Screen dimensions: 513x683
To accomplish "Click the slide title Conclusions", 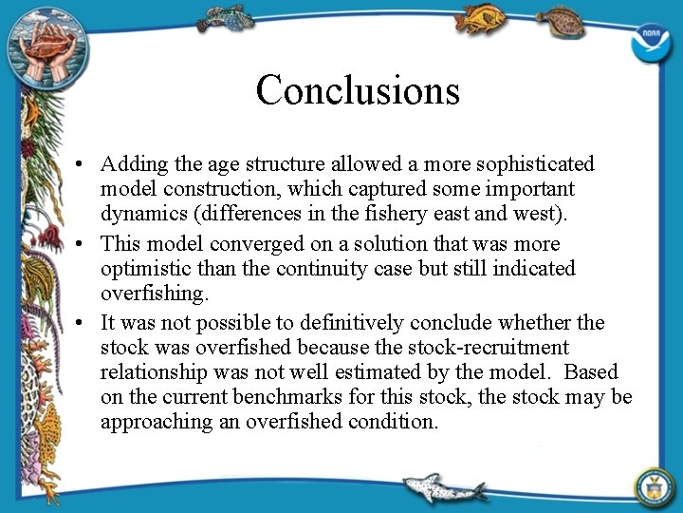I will pyautogui.click(x=358, y=90).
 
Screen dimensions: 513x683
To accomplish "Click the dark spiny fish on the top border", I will pyautogui.click(x=227, y=18).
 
